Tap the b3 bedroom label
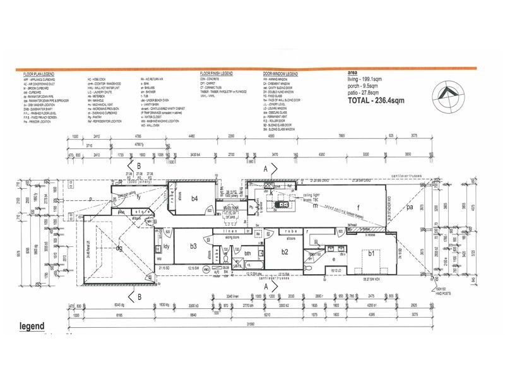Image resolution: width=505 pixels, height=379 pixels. coord(194,246)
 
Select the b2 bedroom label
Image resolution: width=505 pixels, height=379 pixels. coord(285,252)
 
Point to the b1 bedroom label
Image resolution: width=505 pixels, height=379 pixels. coord(372,253)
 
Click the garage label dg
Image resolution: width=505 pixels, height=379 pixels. coord(118,249)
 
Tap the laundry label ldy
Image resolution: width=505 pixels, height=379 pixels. coord(166,246)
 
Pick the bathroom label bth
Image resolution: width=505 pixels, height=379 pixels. coord(248,254)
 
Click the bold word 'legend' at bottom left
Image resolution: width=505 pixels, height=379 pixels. coord(31,327)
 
